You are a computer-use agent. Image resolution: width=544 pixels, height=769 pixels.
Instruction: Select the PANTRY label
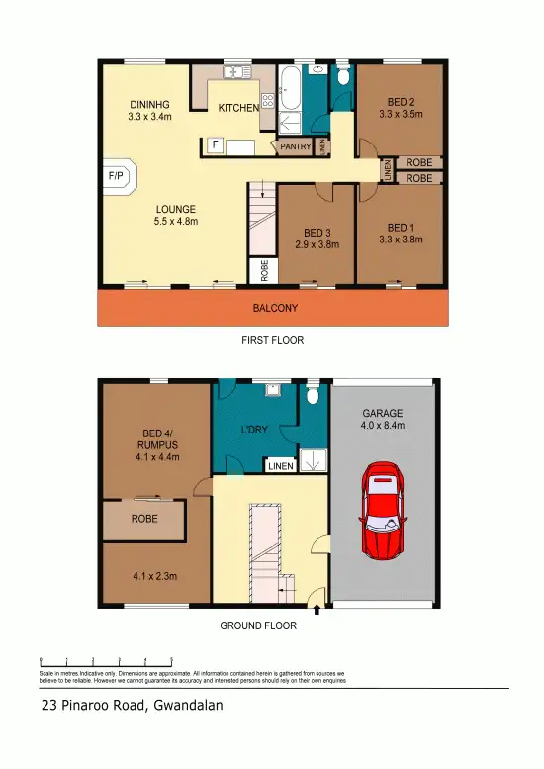pyautogui.click(x=295, y=146)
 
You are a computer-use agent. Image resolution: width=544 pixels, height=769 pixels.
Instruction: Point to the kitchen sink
pyautogui.click(x=236, y=72)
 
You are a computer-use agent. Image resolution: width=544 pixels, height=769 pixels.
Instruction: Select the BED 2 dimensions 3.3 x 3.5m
pyautogui.click(x=400, y=115)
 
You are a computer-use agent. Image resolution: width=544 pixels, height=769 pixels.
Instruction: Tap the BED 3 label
pyautogui.click(x=316, y=233)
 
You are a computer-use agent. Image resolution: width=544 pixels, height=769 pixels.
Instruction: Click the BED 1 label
pyautogui.click(x=400, y=225)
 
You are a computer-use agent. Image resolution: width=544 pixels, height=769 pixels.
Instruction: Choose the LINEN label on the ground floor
pyautogui.click(x=280, y=466)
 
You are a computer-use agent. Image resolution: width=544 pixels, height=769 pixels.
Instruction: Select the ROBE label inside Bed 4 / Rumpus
pyautogui.click(x=144, y=517)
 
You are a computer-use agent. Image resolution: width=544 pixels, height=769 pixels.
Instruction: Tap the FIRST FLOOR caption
pyautogui.click(x=272, y=340)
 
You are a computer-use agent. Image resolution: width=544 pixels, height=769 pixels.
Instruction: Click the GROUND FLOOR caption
pyautogui.click(x=257, y=625)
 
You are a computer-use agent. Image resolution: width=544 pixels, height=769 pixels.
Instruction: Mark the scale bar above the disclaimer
pyautogui.click(x=106, y=660)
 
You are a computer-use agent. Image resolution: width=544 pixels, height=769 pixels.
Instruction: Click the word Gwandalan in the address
pyautogui.click(x=188, y=706)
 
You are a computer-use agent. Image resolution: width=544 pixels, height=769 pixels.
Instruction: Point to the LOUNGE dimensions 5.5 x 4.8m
pyautogui.click(x=176, y=222)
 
